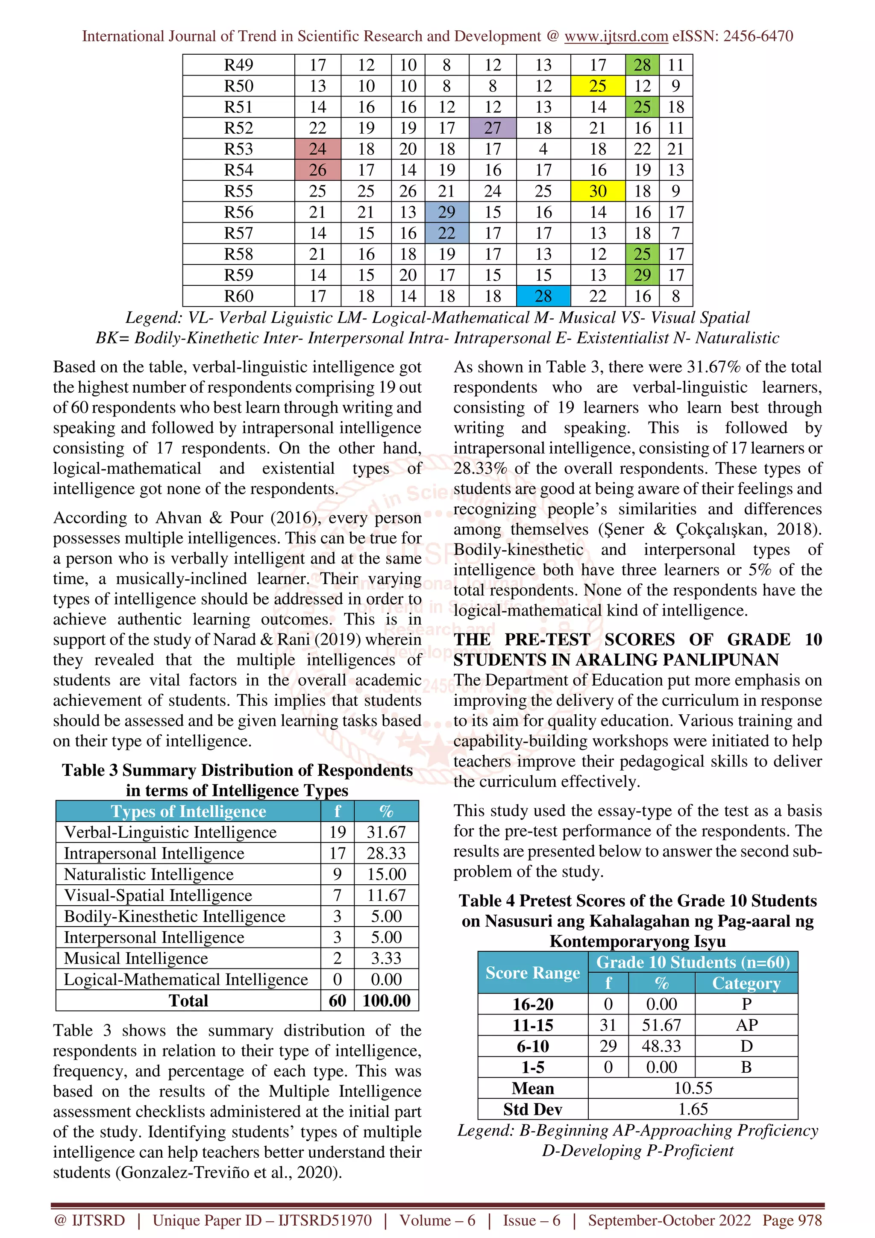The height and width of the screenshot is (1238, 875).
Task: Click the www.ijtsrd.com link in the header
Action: (616, 36)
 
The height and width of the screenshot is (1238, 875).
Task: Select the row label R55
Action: (238, 191)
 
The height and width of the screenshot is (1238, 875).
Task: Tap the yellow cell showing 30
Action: (597, 191)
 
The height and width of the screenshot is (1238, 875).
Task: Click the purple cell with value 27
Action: (492, 128)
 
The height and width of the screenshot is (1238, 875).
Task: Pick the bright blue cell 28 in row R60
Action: (543, 296)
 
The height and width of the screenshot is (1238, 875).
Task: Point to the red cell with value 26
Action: (317, 170)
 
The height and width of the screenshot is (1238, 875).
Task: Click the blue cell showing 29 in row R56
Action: (446, 212)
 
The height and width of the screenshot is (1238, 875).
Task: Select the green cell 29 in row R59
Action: (642, 275)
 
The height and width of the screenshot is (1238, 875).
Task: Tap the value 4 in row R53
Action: (543, 149)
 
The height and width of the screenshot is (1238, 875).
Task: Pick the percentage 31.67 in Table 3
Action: (386, 832)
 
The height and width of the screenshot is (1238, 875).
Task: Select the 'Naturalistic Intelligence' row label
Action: (149, 874)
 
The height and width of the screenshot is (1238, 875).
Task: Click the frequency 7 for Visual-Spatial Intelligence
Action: (337, 895)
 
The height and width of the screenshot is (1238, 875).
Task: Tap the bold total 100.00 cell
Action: (386, 1000)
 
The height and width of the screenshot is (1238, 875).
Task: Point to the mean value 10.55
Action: (693, 1088)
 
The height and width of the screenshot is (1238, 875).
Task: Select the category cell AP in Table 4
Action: (746, 1024)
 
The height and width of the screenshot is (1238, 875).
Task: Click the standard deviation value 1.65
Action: (693, 1109)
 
